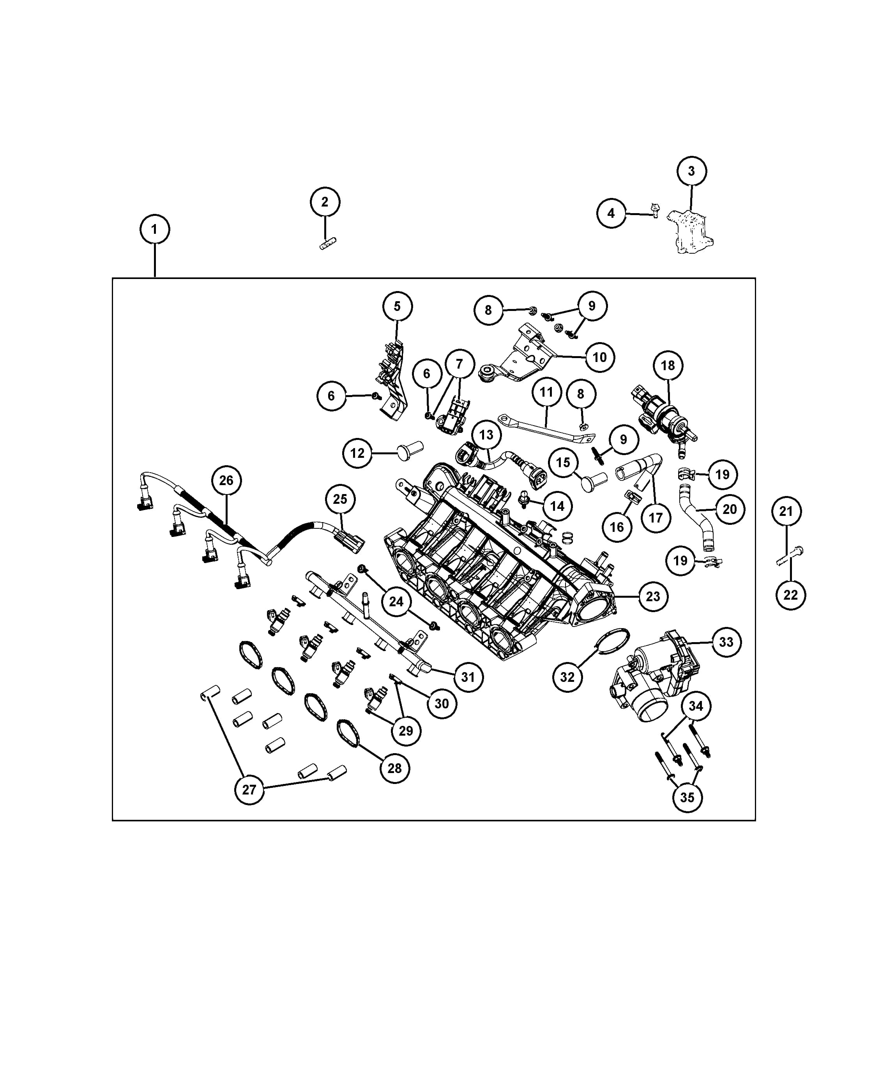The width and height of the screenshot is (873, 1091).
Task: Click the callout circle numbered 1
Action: (x=154, y=229)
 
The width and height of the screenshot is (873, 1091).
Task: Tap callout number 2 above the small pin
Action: (x=325, y=202)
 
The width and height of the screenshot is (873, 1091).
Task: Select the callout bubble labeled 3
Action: (x=692, y=171)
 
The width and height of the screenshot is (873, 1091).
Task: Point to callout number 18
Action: (x=668, y=365)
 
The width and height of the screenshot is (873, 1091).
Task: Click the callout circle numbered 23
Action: (x=653, y=597)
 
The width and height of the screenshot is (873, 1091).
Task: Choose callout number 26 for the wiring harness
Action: (x=226, y=480)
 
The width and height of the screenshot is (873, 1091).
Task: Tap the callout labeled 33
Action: (x=726, y=642)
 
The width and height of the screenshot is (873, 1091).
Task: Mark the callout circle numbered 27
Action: (x=249, y=789)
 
